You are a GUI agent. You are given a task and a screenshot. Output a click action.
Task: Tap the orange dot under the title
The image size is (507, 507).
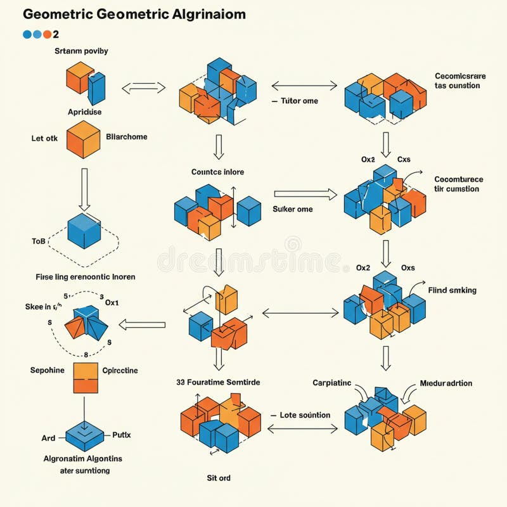click(x=46, y=34)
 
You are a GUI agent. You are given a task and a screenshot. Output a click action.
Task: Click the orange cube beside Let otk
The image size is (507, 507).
click(x=84, y=139)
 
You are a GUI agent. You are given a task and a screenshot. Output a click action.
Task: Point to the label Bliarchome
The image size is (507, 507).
click(x=127, y=136)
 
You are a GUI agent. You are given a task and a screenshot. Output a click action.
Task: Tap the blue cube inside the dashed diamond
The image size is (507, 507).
click(x=84, y=231)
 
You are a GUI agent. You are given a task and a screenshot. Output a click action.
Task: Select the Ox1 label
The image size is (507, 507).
click(x=112, y=303)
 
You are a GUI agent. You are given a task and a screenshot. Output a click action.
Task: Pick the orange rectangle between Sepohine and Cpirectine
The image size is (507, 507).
click(x=86, y=378)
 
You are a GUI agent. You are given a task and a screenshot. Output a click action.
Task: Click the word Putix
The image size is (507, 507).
click(x=121, y=435)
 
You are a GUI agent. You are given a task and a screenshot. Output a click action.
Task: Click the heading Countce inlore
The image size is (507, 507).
click(x=217, y=172)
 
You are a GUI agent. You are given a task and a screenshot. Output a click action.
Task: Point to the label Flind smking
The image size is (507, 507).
click(x=452, y=290)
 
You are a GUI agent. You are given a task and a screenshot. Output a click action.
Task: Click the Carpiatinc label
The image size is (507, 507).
click(x=331, y=383)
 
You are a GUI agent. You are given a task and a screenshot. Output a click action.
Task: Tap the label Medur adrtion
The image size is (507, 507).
click(x=446, y=383)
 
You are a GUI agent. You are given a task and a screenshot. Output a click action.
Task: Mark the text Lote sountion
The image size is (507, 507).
click(x=305, y=415)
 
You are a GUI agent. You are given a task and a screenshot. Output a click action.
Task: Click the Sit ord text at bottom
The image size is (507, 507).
click(x=219, y=478)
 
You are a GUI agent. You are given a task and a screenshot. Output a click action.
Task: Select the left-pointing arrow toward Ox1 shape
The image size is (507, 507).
click(x=143, y=325)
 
